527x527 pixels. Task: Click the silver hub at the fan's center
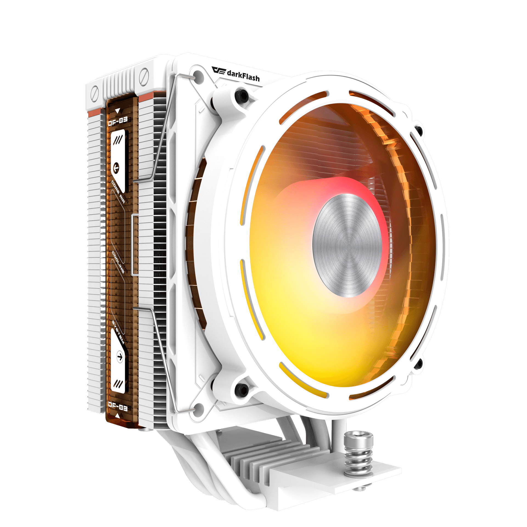[x=347, y=245]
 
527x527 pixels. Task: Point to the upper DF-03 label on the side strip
[x=117, y=121]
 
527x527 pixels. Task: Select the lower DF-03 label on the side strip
[x=117, y=406]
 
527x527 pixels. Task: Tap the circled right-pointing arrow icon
[x=120, y=357]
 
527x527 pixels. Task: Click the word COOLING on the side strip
[x=118, y=262]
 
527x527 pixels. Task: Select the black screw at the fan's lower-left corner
[x=242, y=388]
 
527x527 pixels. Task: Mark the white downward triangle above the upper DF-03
[x=118, y=111]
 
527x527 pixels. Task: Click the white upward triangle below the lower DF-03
[x=117, y=416]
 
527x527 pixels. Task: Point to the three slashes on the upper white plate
[x=118, y=140]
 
